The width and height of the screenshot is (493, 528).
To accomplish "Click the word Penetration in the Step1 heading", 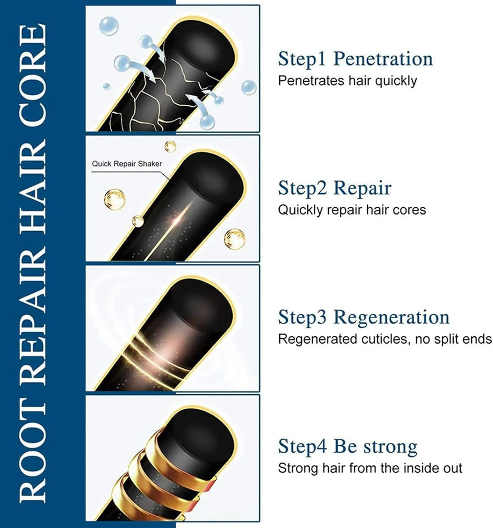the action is [x=383, y=59].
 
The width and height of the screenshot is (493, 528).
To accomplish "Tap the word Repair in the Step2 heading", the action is [x=362, y=188].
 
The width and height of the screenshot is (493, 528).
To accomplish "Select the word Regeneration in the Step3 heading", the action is [x=391, y=317].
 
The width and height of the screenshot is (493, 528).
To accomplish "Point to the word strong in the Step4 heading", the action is [x=390, y=447].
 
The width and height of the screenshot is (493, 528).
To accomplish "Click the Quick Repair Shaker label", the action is [x=127, y=164].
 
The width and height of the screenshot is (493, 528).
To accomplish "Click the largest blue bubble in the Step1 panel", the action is [x=109, y=26].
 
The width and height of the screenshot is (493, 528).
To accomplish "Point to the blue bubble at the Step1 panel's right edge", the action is [x=249, y=88].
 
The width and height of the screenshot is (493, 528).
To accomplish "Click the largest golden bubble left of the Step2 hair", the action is [x=115, y=199].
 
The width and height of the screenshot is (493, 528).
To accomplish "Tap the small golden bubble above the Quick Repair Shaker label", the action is [x=170, y=146].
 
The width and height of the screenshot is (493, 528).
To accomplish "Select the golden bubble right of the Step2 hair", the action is [x=235, y=239].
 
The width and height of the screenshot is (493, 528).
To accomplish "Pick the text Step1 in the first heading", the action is [x=301, y=59].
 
